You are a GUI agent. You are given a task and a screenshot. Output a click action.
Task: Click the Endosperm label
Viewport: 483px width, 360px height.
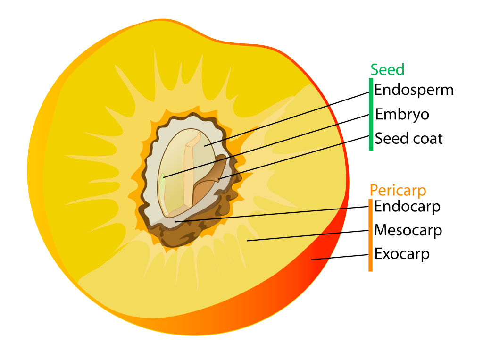click(x=414, y=90)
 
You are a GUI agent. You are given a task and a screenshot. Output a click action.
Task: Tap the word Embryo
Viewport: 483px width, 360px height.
click(x=402, y=115)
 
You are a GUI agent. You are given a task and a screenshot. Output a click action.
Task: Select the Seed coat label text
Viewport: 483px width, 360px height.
click(x=408, y=139)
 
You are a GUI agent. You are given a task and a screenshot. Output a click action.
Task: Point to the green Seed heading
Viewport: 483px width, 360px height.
click(x=387, y=70)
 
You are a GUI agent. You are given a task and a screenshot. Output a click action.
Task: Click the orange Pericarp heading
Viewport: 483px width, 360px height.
click(x=398, y=190)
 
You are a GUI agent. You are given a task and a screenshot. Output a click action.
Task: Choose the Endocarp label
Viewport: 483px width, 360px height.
click(x=407, y=207)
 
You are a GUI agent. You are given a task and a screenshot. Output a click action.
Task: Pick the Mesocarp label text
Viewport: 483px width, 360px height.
click(x=408, y=230)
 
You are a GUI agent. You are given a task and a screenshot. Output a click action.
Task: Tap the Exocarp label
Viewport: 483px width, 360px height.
click(x=402, y=254)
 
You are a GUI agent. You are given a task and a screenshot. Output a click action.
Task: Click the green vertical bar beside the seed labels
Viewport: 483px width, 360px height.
click(x=371, y=114)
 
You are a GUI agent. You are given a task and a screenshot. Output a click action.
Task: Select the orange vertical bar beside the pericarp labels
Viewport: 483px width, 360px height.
click(x=370, y=235)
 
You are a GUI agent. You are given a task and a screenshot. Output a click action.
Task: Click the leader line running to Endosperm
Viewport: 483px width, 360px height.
click(x=288, y=118)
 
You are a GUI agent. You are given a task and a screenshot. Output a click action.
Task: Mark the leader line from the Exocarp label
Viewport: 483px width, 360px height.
click(x=340, y=257)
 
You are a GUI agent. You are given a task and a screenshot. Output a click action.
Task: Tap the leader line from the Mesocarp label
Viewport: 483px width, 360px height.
click(x=307, y=235)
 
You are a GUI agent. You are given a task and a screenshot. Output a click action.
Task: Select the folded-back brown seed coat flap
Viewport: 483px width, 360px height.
click(x=208, y=184)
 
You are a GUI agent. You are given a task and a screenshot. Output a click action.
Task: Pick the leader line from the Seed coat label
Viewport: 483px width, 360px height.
click(x=292, y=158)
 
